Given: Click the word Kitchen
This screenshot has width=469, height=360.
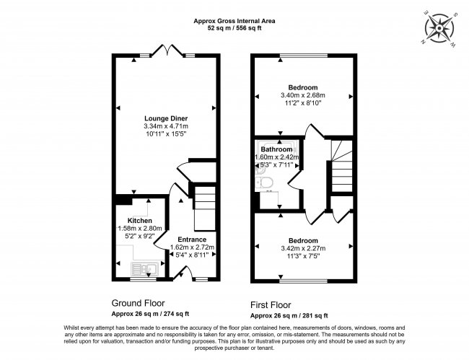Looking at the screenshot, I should [x=140, y=220].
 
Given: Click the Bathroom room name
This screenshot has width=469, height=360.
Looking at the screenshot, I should [x=276, y=149].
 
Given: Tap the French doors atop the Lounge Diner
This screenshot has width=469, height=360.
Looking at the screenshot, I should [x=165, y=51].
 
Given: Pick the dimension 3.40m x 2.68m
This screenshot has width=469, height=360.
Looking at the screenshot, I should [x=303, y=95].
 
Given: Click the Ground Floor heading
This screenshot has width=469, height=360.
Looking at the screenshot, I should [x=138, y=303].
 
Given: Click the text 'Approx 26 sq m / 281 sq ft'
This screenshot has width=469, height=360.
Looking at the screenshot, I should [x=289, y=315].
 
